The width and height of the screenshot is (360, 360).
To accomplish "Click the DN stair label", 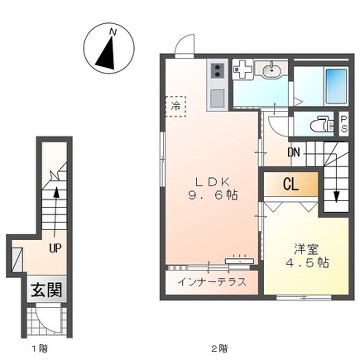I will click(x=293, y=152).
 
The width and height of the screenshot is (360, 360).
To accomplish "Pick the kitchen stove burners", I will click(x=217, y=74).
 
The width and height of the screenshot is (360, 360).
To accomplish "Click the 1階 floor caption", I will click(x=37, y=349).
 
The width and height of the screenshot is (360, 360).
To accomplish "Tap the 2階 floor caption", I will click(x=218, y=349).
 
